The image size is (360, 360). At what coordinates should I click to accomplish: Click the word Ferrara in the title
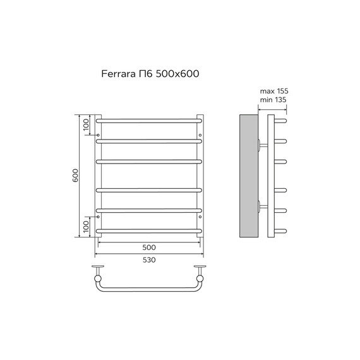[119, 73]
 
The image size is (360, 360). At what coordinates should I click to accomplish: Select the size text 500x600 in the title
[180, 73]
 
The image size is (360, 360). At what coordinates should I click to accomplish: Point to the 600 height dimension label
[75, 176]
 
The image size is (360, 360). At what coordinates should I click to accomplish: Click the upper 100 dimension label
[87, 124]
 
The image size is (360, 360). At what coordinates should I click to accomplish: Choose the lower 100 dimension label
[87, 225]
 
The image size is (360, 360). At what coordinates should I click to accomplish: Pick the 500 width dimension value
[149, 247]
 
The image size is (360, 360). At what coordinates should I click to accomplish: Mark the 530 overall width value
[149, 260]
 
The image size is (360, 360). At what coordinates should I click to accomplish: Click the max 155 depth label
[272, 92]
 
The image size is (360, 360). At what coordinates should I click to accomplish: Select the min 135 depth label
[272, 101]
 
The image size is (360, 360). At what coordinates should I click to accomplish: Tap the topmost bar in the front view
[149, 119]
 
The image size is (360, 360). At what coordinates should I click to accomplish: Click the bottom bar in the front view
[149, 232]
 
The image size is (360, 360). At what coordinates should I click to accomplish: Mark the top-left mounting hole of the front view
[99, 133]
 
